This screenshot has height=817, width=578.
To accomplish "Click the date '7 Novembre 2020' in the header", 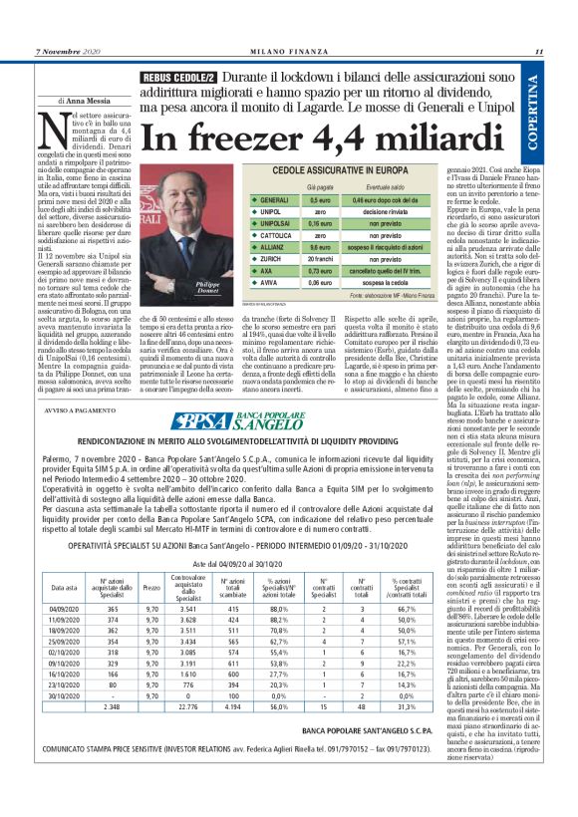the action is coord(67,54).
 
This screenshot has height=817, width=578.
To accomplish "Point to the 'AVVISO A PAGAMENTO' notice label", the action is coord(74,380).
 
